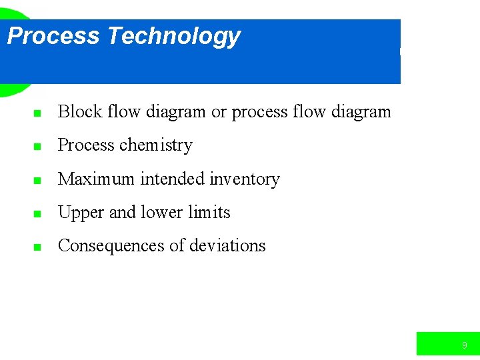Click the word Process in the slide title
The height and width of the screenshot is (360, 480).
pyautogui.click(x=53, y=36)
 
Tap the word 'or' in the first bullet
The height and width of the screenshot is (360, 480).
pyautogui.click(x=219, y=112)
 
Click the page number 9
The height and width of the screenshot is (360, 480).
pyautogui.click(x=464, y=345)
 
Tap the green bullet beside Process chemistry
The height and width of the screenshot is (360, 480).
pyautogui.click(x=38, y=147)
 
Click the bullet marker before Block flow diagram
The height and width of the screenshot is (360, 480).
pyautogui.click(x=38, y=113)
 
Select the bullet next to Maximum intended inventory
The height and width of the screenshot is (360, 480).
pyautogui.click(x=38, y=180)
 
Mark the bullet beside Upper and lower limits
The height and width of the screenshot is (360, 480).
pyautogui.click(x=38, y=214)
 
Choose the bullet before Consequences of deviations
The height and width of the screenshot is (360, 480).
pyautogui.click(x=38, y=247)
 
